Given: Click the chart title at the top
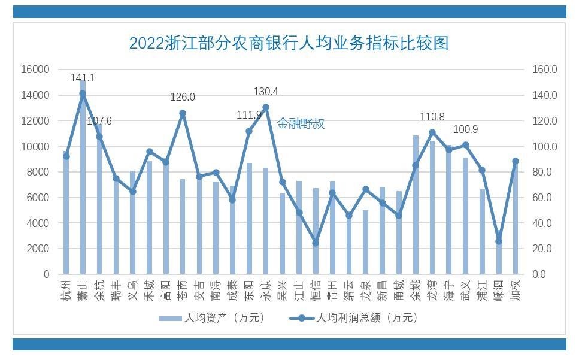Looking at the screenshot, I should [289, 43].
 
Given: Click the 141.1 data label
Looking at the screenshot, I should [83, 78].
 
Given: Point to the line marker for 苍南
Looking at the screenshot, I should [183, 113].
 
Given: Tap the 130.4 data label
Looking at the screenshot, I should [266, 92].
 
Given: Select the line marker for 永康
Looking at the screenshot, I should [266, 107].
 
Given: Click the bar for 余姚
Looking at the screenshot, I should [416, 204].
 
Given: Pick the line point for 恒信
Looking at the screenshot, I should [316, 243].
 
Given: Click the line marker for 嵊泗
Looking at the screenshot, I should [499, 241].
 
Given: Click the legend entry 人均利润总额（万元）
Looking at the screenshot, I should [354, 318].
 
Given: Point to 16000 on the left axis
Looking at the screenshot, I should [35, 69].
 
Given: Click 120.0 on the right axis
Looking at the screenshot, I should [545, 121].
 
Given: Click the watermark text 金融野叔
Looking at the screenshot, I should [301, 124].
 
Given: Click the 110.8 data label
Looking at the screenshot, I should [432, 117].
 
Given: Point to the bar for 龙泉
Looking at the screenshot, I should [365, 242].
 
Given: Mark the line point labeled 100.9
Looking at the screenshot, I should [465, 145].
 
